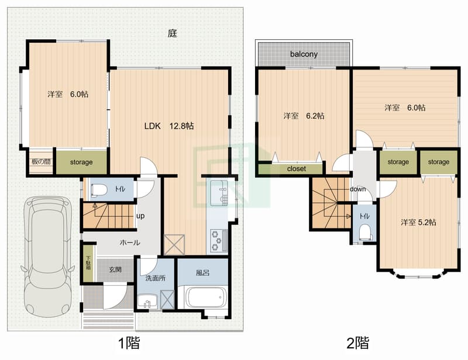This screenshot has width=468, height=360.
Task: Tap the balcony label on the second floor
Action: coord(304,54)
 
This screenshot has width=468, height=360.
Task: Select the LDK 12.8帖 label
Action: coord(170,126)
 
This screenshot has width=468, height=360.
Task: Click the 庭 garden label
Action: coord(172,33)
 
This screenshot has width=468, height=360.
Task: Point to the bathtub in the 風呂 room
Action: coord(205,297)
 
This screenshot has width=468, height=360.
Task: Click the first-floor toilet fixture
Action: coord(99,189)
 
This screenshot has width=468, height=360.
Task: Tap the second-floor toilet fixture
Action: coord(365,232)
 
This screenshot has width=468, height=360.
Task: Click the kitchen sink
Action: coord(222,195)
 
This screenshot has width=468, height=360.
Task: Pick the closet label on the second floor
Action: coord(297,169)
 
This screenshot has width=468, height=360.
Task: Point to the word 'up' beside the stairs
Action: coord(140,216)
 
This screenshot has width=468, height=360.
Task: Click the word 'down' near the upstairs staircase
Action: coord(357,189)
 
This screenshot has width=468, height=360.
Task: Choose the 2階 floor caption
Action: coord(357,342)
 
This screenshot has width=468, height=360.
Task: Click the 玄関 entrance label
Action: coord(115,269)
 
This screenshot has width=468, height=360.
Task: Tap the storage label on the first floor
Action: coord(81,162)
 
